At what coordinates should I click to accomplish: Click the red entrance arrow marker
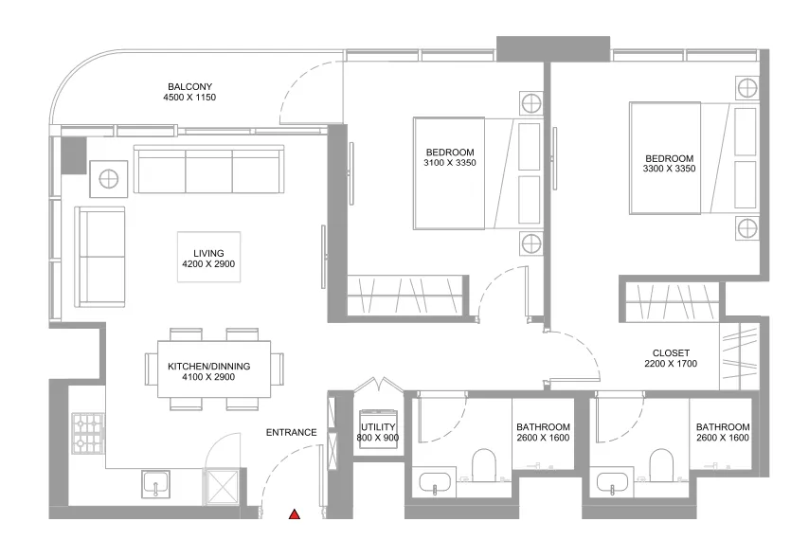[x=295, y=514]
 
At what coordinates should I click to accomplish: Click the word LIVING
[x=208, y=253]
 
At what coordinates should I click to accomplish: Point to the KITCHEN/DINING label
[x=208, y=365]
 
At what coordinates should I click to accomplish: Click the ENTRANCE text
[x=291, y=433]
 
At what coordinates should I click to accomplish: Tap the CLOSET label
[x=671, y=353]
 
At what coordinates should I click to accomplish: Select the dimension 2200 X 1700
[x=671, y=365]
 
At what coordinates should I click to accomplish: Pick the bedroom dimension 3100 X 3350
[x=449, y=164]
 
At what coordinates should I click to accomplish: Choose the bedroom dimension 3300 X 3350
[x=670, y=170]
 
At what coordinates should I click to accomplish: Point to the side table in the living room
[x=109, y=177]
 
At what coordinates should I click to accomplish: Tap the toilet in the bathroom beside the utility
[x=483, y=465]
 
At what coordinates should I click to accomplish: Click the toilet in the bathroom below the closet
[x=661, y=465]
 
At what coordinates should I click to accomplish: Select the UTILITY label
[x=378, y=427]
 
